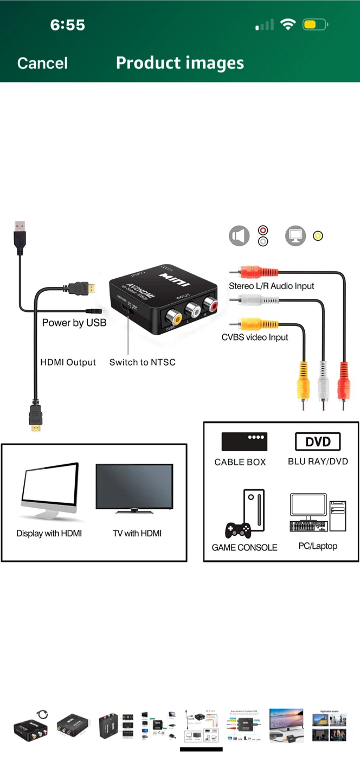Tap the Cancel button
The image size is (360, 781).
point(42,63)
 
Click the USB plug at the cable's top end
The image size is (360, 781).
point(20,236)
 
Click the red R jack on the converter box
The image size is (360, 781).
point(209,305)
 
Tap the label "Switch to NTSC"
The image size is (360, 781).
point(143,362)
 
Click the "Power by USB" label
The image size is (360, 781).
point(74,323)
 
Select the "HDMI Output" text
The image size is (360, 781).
point(68,362)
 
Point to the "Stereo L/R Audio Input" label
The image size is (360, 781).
point(271,286)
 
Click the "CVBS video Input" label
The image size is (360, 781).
point(255,337)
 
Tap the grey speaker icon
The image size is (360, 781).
point(239,236)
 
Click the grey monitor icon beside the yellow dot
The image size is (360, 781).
point(295,236)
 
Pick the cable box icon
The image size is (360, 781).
point(244,441)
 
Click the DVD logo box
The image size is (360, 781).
point(318,441)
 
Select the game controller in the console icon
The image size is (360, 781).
point(238,530)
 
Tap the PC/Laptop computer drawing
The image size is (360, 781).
point(318,513)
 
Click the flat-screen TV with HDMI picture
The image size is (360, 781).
point(134,488)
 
